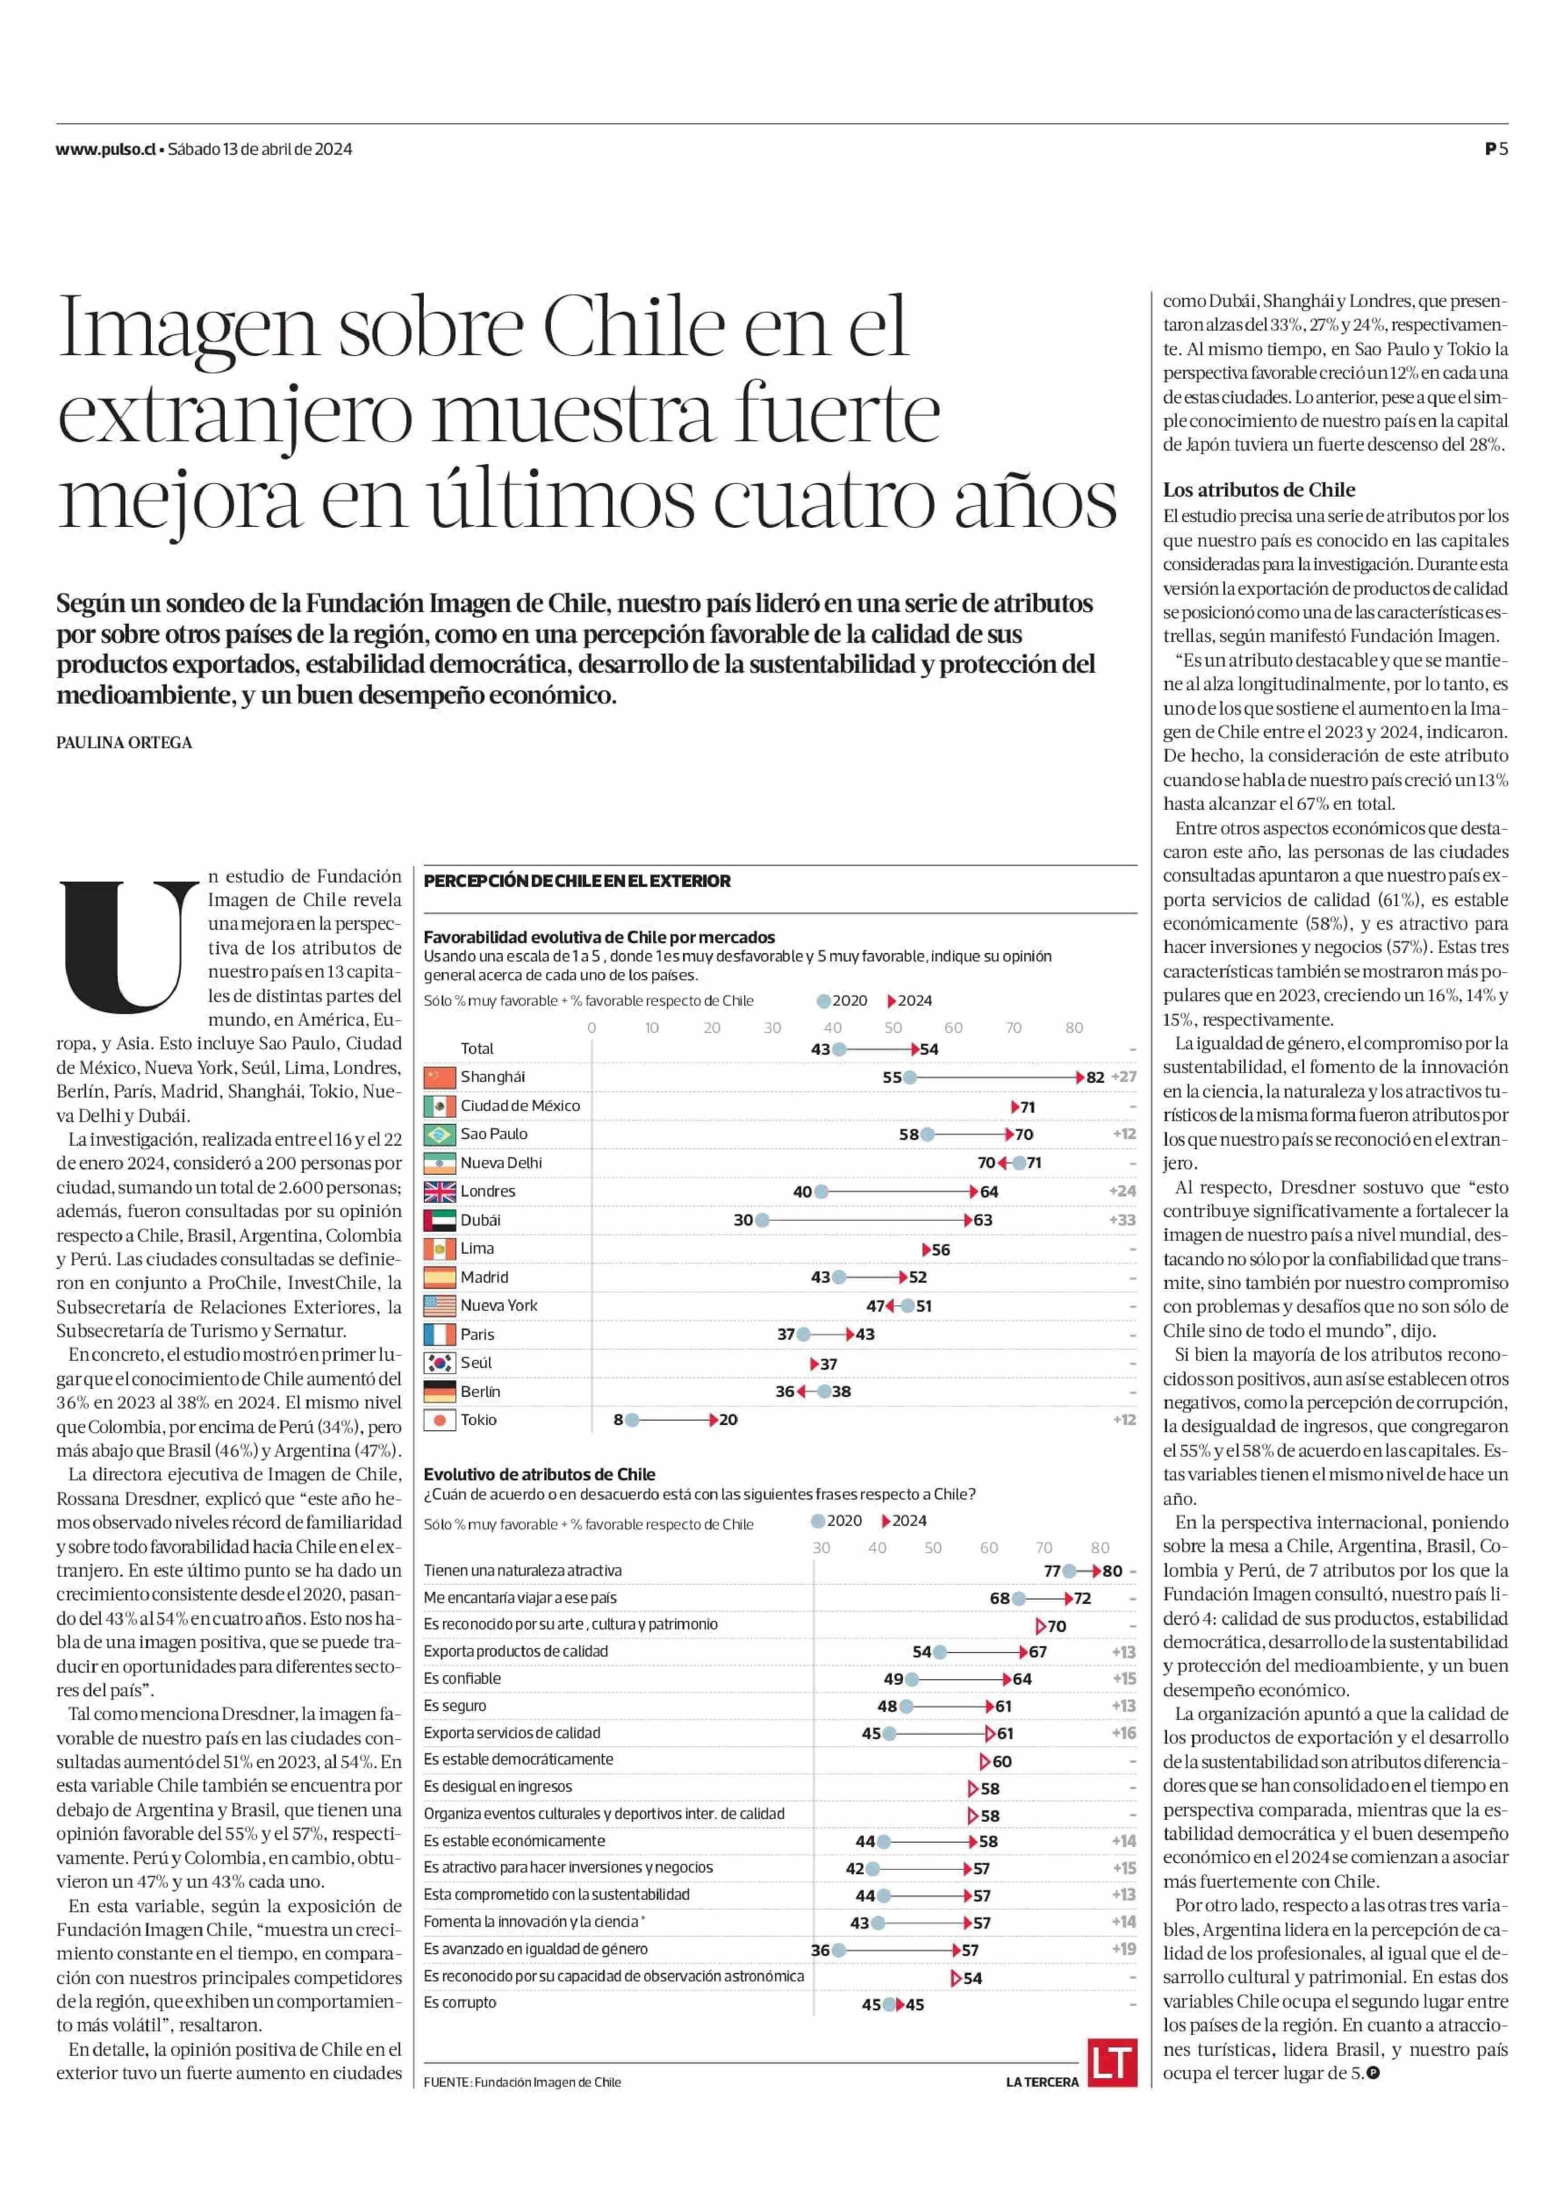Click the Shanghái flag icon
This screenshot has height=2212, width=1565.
click(x=439, y=1077)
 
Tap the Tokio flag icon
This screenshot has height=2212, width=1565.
click(x=439, y=1420)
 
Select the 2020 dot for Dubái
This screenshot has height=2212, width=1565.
click(x=762, y=1220)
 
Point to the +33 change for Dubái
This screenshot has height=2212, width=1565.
click(x=1123, y=1220)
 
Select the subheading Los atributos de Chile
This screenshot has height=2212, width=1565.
click(x=1259, y=489)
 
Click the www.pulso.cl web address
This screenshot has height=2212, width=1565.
click(x=106, y=149)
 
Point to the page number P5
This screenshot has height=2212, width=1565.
click(x=1497, y=149)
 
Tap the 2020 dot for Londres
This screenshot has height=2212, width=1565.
click(x=822, y=1191)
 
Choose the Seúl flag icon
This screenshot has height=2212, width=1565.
click(x=439, y=1363)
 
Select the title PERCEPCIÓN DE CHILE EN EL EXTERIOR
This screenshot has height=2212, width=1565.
click(x=577, y=881)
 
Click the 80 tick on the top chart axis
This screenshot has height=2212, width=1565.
click(x=1073, y=1027)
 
